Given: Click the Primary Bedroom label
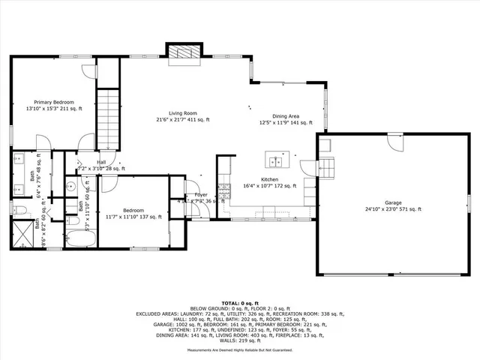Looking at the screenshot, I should coord(53,102).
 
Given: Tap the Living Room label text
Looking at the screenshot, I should coord(181,112).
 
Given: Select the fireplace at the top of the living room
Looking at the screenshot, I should coord(184,53).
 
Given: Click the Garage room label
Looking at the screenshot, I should coord(393,202).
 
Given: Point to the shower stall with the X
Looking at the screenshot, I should coord(23,235).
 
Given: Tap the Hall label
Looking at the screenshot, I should coord(100,162).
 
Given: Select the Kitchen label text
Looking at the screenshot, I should coord(269,180).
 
